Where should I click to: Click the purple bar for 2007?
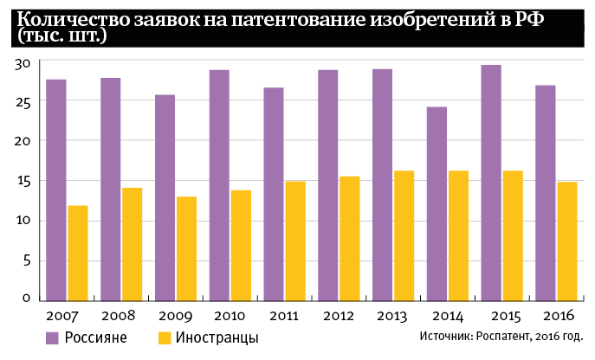[x=56, y=189]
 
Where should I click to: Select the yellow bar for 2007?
[x=78, y=252]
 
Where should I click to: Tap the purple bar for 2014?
[x=437, y=202]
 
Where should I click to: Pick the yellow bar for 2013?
[x=404, y=235]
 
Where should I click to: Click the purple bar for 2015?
[x=491, y=182]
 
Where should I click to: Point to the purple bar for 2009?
[x=165, y=196]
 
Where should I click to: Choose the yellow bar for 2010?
[x=242, y=244]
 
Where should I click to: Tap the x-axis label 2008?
[x=116, y=314]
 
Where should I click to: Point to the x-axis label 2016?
[x=558, y=314]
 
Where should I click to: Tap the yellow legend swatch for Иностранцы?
[x=165, y=337]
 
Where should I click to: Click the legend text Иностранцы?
[x=217, y=337]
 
